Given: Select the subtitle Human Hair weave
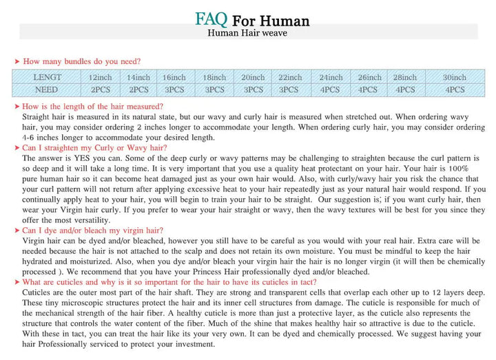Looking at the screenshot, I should coord(247,33).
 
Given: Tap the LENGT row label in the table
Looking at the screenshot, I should coord(48,77).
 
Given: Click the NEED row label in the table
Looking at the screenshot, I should coord(47,89).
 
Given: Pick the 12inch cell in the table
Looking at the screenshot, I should coord(101,77).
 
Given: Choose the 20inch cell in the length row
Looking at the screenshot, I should coord(253,77).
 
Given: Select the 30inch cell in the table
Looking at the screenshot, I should coord(454,77).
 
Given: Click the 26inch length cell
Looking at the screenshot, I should coord(370,77).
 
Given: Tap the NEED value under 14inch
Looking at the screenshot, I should coord(138,89).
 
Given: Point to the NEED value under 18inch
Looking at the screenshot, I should coord(214,89).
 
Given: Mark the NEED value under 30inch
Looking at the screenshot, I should coord(454,89).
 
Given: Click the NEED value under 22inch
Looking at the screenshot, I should coord(289,89).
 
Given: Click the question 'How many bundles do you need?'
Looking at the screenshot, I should coord(82,61).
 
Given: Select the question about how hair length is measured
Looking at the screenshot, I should coord(93,107).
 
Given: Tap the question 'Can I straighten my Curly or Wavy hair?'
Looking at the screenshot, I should coord(94,147).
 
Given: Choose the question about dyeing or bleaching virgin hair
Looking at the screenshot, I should coord(93,231).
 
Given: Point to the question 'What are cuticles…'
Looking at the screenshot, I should coord(169,282).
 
